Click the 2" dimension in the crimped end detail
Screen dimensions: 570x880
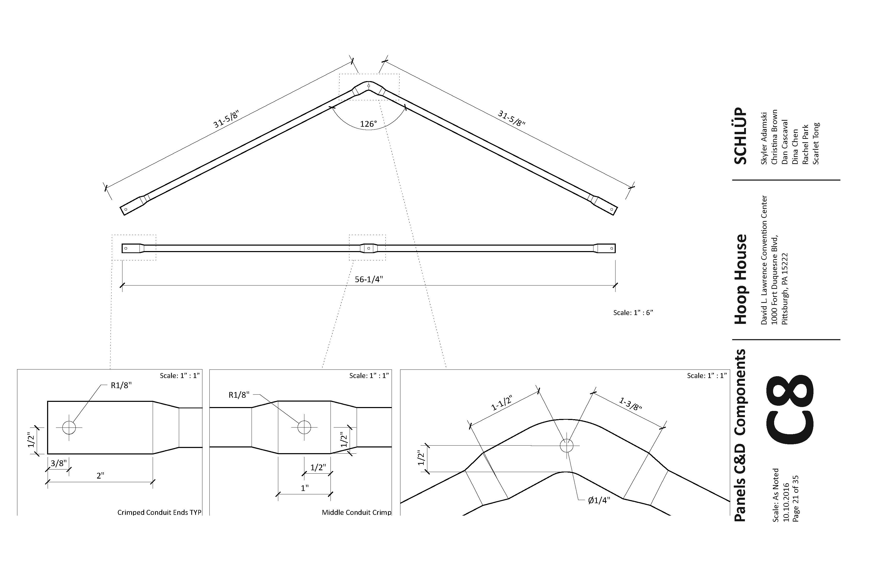[100, 476]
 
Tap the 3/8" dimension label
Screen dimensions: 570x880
[58, 463]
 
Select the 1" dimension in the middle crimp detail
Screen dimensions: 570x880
[304, 488]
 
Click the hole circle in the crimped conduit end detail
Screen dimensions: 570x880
[69, 427]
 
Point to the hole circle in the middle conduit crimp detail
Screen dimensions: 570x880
[304, 427]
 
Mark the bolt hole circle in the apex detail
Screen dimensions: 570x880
[567, 446]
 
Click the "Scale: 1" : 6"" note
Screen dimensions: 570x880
[633, 313]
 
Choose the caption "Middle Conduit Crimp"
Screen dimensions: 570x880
[356, 512]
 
